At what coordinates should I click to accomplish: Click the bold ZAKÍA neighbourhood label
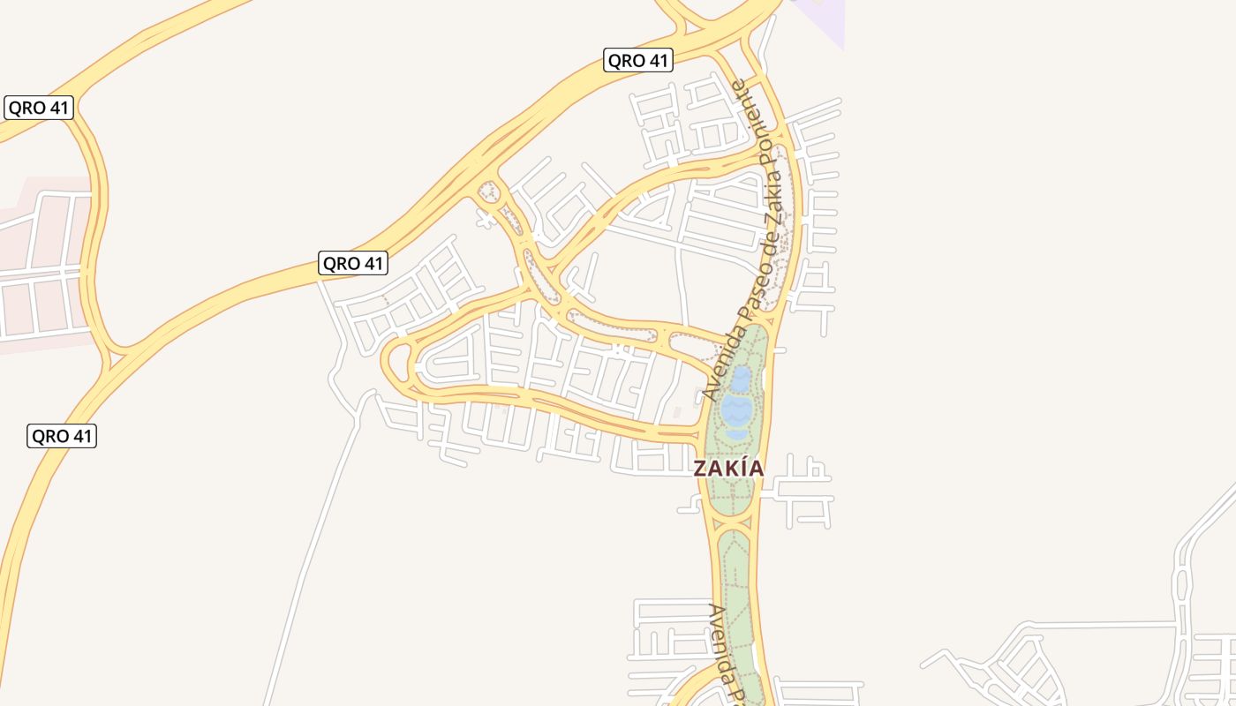pyautogui.click(x=728, y=468)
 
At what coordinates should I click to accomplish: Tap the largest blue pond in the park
pyautogui.click(x=736, y=409)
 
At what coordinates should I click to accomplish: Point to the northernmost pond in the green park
pyautogui.click(x=742, y=378)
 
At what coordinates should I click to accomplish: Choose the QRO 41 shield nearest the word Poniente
pyautogui.click(x=638, y=60)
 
